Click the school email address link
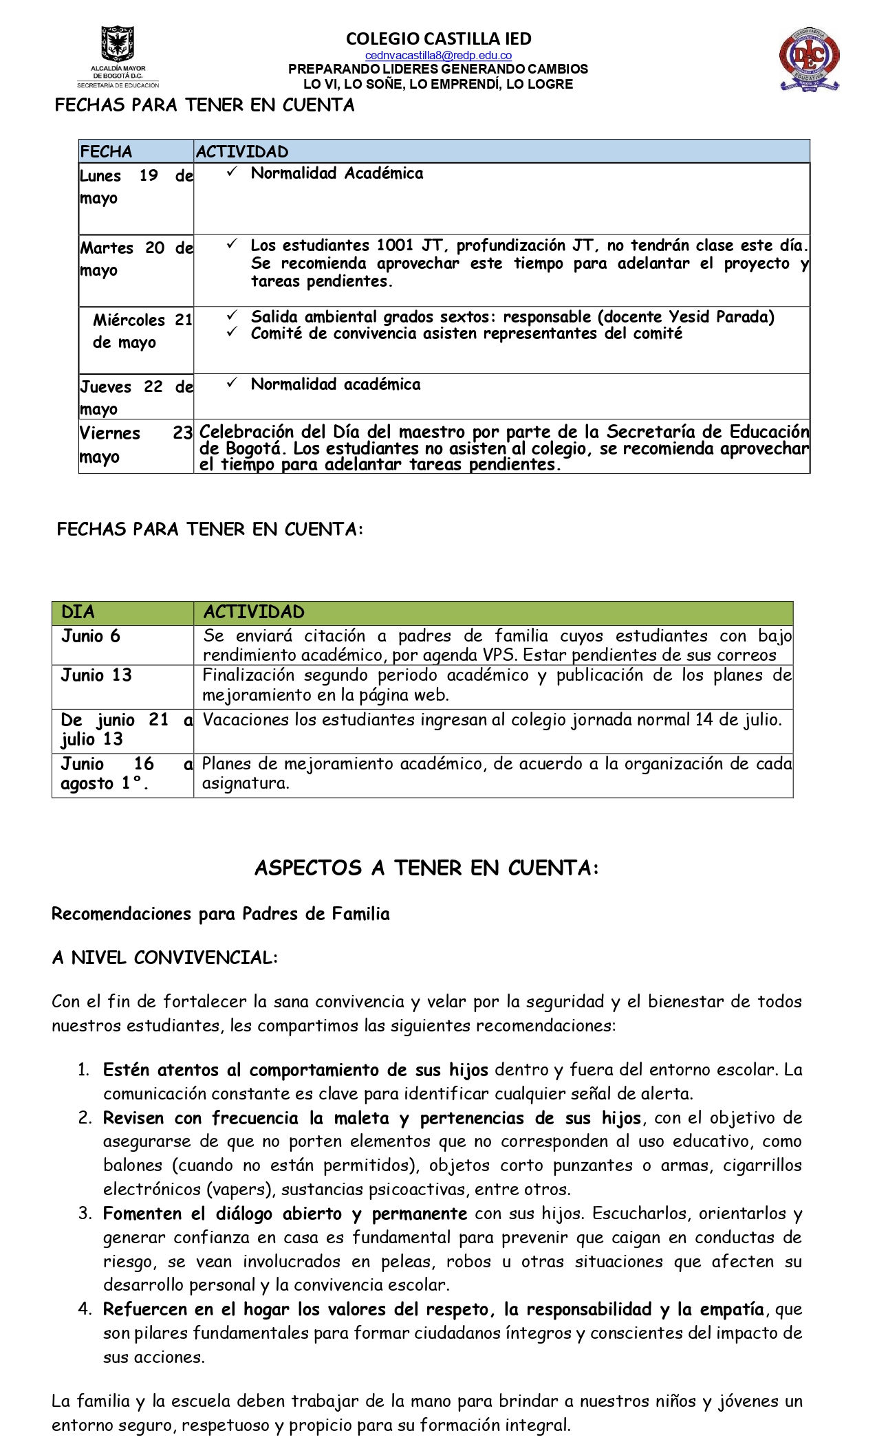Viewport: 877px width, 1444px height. pyautogui.click(x=438, y=55)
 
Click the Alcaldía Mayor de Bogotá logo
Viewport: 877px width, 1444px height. pyautogui.click(x=118, y=56)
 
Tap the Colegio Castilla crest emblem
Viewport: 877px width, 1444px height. pyautogui.click(x=810, y=60)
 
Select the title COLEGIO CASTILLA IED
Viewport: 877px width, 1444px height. pyautogui.click(x=438, y=39)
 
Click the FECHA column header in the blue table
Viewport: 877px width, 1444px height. pyautogui.click(x=106, y=151)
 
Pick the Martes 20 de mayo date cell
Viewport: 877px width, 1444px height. pyautogui.click(x=136, y=259)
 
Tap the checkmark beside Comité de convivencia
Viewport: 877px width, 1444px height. pyautogui.click(x=232, y=333)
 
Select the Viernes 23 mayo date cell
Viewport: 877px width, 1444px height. pyautogui.click(x=136, y=445)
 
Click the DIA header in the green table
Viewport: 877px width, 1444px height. pyautogui.click(x=78, y=612)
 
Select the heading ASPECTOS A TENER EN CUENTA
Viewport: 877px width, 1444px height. pyautogui.click(x=426, y=868)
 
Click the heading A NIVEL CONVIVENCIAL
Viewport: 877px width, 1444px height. pyautogui.click(x=164, y=957)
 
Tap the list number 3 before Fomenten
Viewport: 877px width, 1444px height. pyautogui.click(x=85, y=1214)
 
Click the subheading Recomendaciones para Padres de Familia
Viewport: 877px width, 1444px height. pyautogui.click(x=220, y=914)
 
